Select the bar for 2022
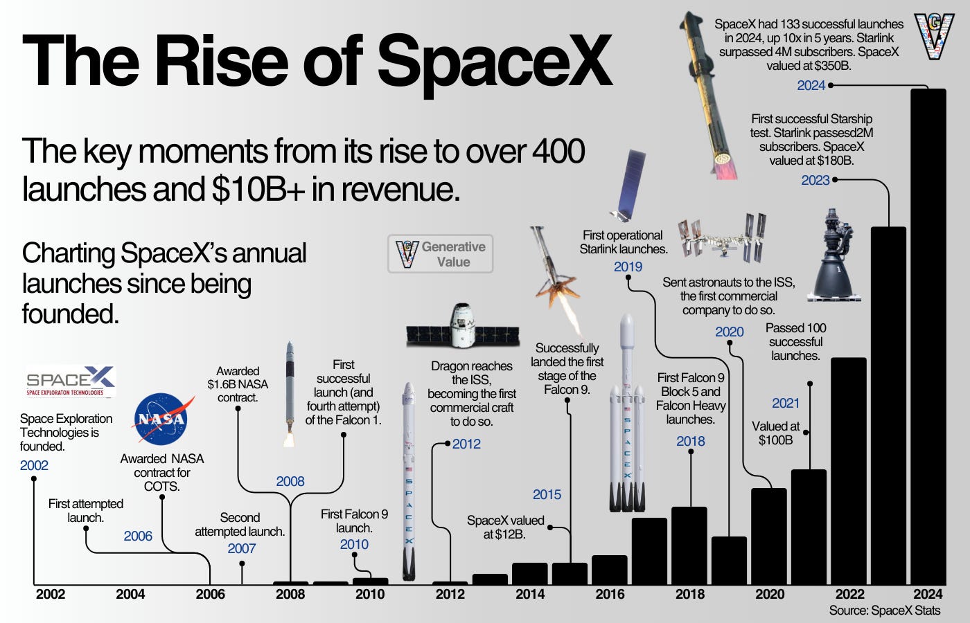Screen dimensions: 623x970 848,471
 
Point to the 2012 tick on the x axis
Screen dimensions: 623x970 450,594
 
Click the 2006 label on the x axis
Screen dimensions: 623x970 211,594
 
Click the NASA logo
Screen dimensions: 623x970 161,419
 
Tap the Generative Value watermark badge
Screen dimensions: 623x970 441,254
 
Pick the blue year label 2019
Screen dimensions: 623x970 628,267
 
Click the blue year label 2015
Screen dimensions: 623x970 547,494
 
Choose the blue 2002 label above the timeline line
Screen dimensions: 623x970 34,465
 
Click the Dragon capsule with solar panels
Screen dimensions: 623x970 462,327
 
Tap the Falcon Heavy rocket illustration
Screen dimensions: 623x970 627,415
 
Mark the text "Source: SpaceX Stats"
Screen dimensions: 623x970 884,611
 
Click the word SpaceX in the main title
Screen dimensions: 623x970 495,61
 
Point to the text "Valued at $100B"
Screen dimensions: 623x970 776,433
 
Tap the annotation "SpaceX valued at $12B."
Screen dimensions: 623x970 505,527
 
